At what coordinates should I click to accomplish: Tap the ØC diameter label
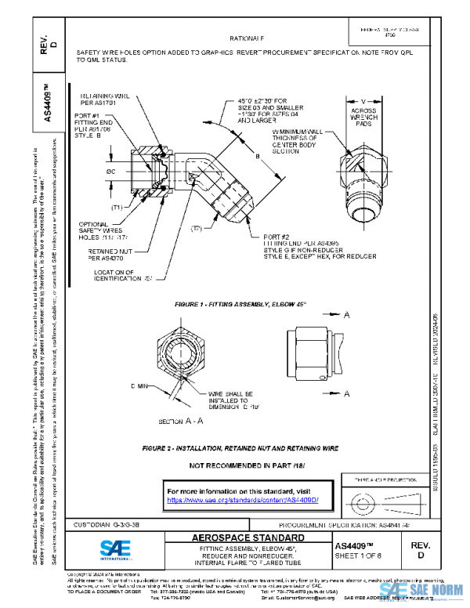[x=113, y=171]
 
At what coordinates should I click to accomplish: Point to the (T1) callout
[x=116, y=208]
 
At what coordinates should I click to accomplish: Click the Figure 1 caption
[x=239, y=302]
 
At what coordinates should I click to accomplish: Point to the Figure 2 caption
[x=240, y=449]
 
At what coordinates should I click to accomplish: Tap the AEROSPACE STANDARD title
[x=248, y=538]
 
